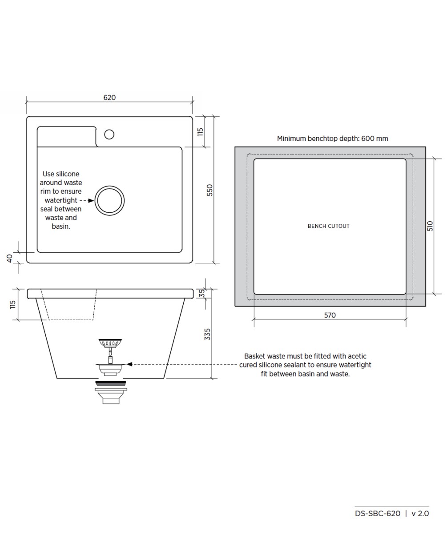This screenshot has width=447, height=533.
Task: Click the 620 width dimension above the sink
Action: coord(109,98)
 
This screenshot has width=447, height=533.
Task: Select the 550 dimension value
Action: coord(210,190)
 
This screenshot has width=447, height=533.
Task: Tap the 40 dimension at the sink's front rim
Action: coord(10,258)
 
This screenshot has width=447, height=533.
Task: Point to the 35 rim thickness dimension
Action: coord(201,293)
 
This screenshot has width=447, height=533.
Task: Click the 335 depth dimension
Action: coord(207,334)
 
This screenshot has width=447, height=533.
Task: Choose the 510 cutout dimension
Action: coord(430,226)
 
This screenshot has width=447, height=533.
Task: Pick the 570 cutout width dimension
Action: coord(330,315)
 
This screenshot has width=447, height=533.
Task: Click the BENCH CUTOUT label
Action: coord(328,226)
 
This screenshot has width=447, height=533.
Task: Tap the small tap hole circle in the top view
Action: coord(109,134)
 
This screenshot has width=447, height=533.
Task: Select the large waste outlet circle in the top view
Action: coord(110,201)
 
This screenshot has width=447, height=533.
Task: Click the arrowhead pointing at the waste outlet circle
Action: coord(91,201)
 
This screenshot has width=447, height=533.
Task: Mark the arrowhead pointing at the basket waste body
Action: coord(129,364)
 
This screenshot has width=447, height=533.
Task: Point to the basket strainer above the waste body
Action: coord(110,343)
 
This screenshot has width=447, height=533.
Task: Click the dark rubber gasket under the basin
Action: coord(110,383)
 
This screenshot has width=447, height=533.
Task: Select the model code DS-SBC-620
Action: coord(378,513)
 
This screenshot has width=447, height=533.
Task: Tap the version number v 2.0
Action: coord(420,513)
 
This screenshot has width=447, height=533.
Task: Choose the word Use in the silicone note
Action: coord(48,174)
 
